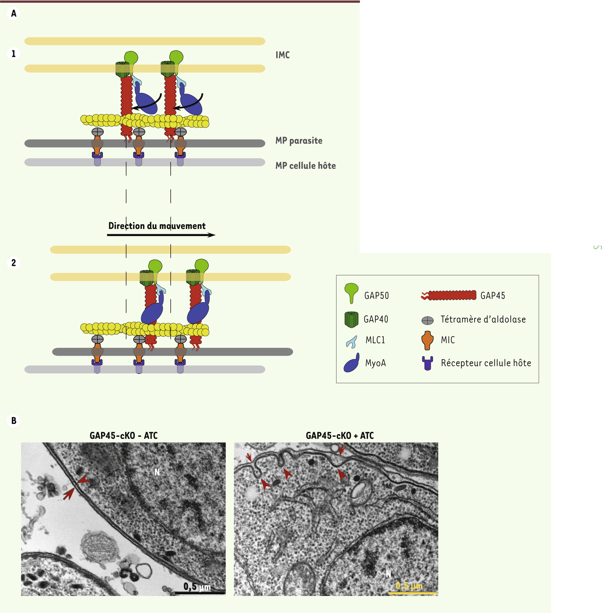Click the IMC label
pyautogui.click(x=282, y=55)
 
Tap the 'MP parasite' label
pyautogui.click(x=299, y=141)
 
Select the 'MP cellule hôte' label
pyautogui.click(x=305, y=166)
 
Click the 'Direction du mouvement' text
pyautogui.click(x=157, y=226)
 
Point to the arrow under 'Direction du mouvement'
pyautogui.click(x=161, y=235)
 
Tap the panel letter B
pyautogui.click(x=14, y=421)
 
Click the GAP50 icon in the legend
pyautogui.click(x=351, y=293)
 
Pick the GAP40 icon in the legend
pyautogui.click(x=351, y=320)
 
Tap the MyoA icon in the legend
pyautogui.click(x=351, y=362)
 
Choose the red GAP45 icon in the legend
pyautogui.click(x=449, y=295)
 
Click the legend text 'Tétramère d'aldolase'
pyautogui.click(x=483, y=320)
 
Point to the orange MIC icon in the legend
pyautogui.click(x=427, y=340)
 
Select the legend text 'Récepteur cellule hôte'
pyautogui.click(x=486, y=363)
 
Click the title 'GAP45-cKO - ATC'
pyautogui.click(x=124, y=436)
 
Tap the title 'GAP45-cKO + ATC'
pyautogui.click(x=340, y=436)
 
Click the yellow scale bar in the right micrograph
pyautogui.click(x=412, y=593)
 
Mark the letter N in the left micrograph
pyautogui.click(x=157, y=472)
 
